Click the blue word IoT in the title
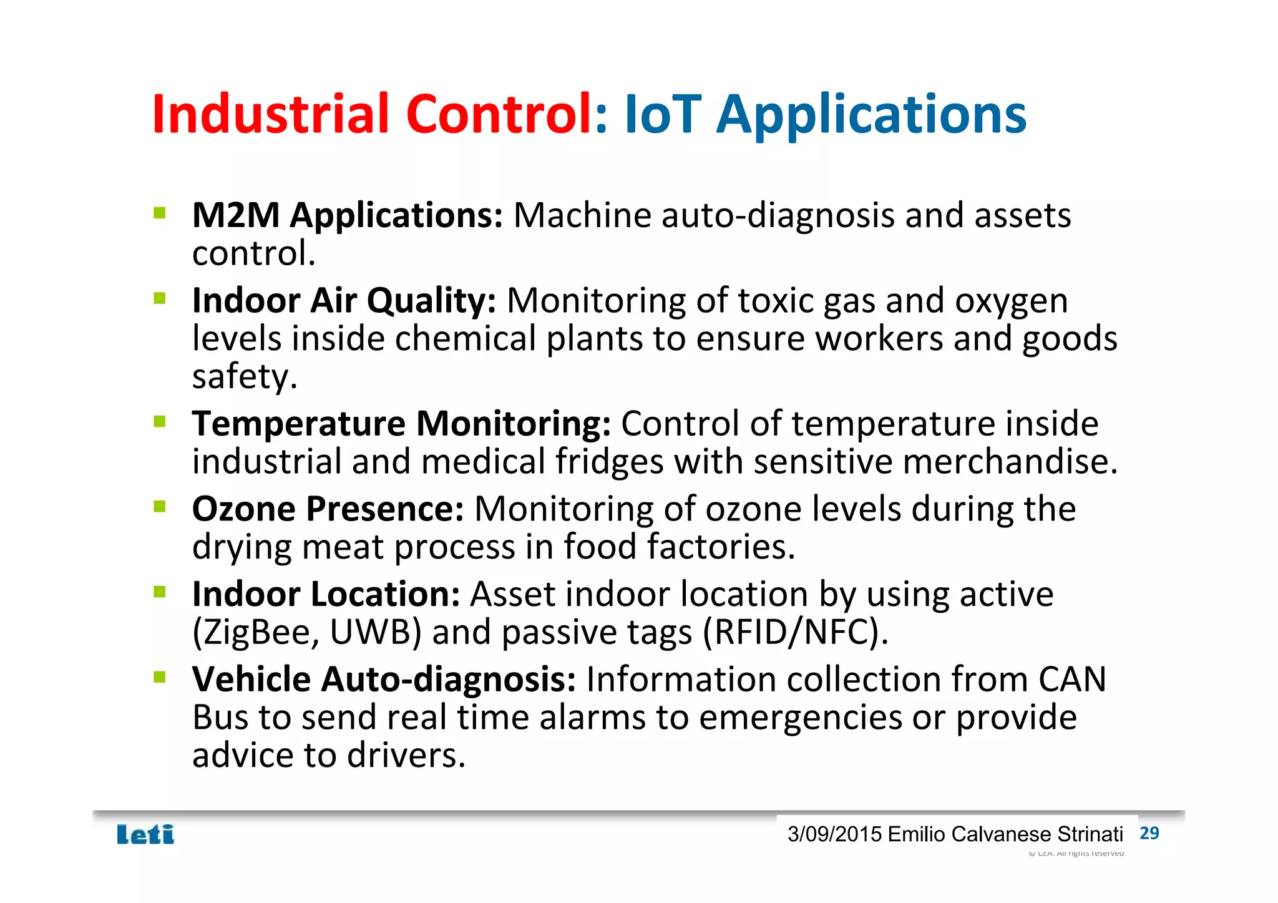662,114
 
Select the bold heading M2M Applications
347,216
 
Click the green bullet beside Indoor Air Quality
160,298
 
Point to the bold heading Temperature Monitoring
401,424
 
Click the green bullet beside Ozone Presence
160,506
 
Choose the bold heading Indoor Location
326,593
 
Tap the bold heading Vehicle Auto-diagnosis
383,679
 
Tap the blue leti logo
145,834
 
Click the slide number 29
1149,833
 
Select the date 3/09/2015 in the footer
834,834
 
